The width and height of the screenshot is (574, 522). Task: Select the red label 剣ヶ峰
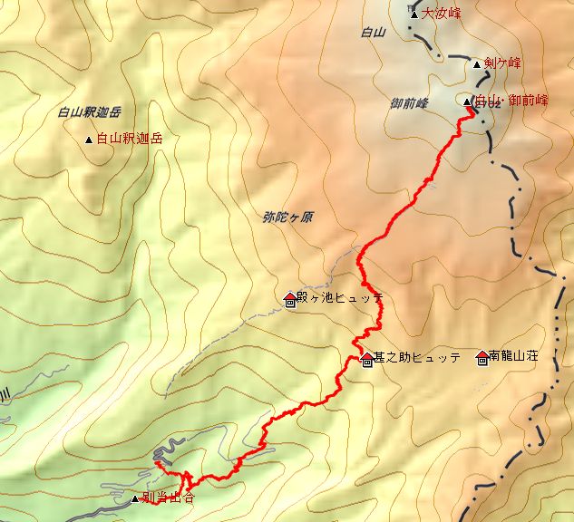click(x=502, y=63)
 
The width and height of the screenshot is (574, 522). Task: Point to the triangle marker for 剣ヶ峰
click(x=477, y=64)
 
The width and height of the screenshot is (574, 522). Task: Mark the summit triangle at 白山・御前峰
click(x=467, y=101)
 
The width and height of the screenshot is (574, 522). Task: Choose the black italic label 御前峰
click(x=411, y=103)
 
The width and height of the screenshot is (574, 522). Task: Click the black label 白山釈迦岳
click(x=89, y=113)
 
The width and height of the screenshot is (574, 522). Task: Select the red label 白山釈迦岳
click(x=131, y=139)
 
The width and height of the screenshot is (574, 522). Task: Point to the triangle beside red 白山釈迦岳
click(x=88, y=140)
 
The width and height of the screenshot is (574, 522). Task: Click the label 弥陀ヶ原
click(x=287, y=218)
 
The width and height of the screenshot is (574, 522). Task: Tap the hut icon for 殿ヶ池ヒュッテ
click(x=290, y=299)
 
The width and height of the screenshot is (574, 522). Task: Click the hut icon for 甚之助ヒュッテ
click(x=366, y=360)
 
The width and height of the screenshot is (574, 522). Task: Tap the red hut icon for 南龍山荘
click(x=481, y=357)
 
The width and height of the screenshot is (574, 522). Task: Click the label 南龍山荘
click(x=513, y=357)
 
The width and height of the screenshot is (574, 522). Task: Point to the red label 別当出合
click(x=169, y=498)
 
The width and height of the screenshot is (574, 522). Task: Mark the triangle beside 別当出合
click(x=135, y=498)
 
